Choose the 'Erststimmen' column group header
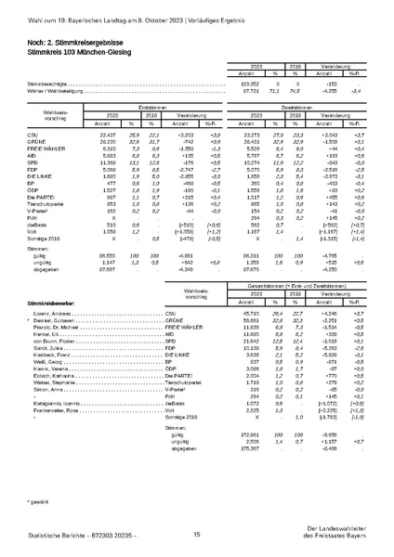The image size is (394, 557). click(165, 108)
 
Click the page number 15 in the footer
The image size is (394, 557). click(197, 535)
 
